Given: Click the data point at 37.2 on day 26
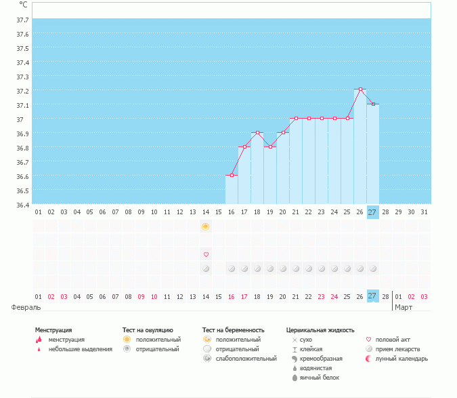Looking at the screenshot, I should coord(360,89).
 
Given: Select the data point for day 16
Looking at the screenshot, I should coord(232,175).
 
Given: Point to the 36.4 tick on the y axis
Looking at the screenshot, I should coord(22,204).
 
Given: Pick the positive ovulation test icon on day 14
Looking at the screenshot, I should coord(206,226).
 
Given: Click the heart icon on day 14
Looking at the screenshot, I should coord(206,254).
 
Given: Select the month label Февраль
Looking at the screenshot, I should coord(25,306).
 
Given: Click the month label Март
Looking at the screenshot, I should coord(404,306).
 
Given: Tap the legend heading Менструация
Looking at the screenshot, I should coord(53,330).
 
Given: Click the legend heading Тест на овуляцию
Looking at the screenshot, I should coord(148,330).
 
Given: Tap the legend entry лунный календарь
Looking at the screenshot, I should coord(401,359).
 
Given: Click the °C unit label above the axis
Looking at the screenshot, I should coord(23,4).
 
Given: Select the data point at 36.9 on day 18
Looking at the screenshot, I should coord(257,132).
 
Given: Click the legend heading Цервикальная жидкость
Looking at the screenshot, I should coord(320,330).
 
